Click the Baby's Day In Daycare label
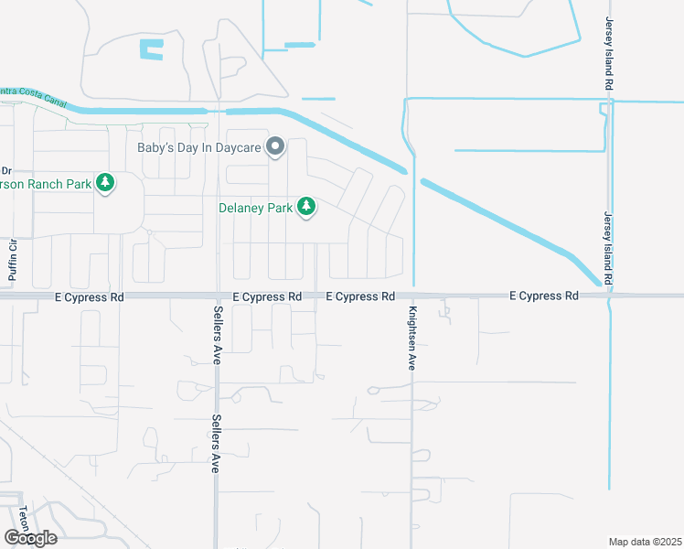[x=198, y=147]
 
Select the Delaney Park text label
[x=256, y=208]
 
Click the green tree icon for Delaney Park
[x=307, y=208]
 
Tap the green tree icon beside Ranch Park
[x=106, y=184]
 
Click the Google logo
[x=30, y=537]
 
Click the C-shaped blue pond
[x=151, y=49]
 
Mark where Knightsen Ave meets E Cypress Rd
[x=412, y=296]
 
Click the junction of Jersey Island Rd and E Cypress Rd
[x=609, y=296]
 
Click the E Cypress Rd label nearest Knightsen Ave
[x=361, y=296]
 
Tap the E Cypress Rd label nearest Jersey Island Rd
[x=544, y=296]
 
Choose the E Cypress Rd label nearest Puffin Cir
[x=89, y=296]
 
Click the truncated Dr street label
[x=5, y=170]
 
